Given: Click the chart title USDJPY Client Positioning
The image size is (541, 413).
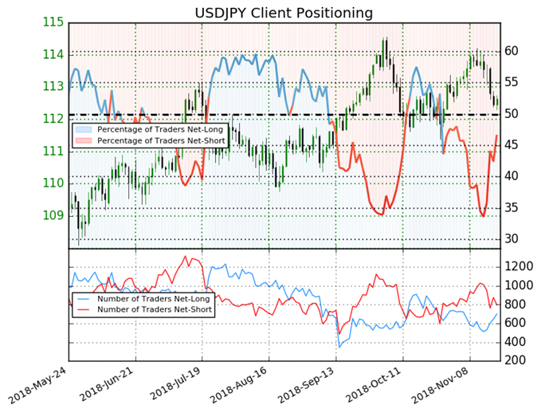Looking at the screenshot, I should pyautogui.click(x=284, y=12).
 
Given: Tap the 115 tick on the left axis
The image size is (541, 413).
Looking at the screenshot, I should pyautogui.click(x=53, y=22).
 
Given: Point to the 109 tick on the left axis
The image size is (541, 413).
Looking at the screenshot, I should pyautogui.click(x=53, y=215).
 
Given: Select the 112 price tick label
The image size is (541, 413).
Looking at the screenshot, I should pyautogui.click(x=53, y=119).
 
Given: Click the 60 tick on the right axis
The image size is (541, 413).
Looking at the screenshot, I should pyautogui.click(x=513, y=51).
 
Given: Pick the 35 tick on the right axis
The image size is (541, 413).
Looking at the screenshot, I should pyautogui.click(x=513, y=207).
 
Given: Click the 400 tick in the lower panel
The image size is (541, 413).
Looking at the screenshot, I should pyautogui.click(x=517, y=342).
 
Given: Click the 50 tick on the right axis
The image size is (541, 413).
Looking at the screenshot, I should pyautogui.click(x=513, y=114).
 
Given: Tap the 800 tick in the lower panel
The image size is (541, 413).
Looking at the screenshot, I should pyautogui.click(x=517, y=304).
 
